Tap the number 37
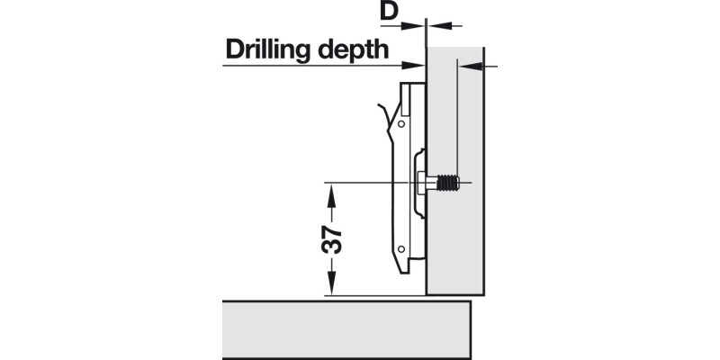[x=331, y=239]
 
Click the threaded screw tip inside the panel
[x=448, y=184]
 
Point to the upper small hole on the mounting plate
[x=401, y=123]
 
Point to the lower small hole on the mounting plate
[x=401, y=247]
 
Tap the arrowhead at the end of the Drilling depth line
[x=417, y=65]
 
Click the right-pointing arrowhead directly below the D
[x=418, y=26]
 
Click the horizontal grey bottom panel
[x=346, y=329]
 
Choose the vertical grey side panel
[x=455, y=252]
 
